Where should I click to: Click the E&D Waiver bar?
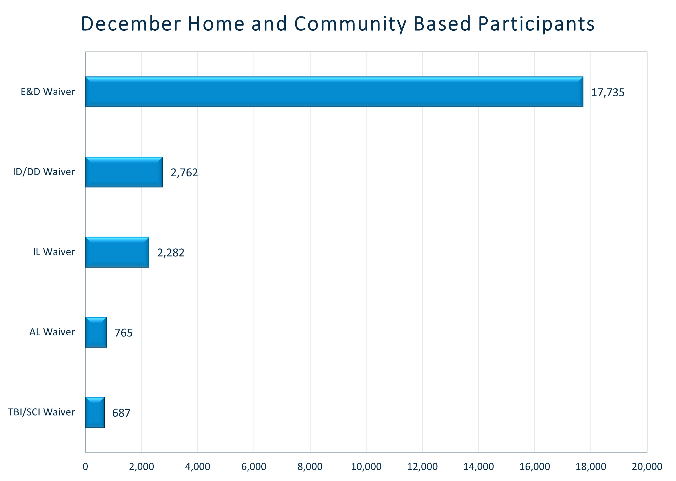334,92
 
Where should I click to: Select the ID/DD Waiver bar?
124,172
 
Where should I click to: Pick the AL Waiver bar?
96,332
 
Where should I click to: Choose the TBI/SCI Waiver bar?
95,413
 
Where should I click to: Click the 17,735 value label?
608,93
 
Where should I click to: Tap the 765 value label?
124,333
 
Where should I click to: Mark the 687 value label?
121,413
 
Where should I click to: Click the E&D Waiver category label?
48,92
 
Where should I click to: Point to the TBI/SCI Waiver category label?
41,412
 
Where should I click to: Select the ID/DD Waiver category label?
44,172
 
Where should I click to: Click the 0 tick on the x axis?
85,467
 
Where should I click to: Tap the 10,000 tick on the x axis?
366,467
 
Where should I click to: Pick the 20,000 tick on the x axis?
647,467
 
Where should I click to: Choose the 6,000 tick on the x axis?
254,467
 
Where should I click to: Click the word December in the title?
131,24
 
